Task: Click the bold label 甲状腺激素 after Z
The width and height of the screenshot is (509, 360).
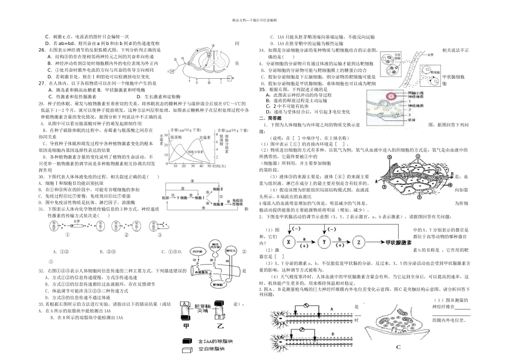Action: (x=402, y=242)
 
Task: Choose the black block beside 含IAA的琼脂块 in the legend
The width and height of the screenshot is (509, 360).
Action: (x=188, y=341)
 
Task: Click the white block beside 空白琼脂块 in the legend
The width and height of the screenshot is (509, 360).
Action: (x=188, y=350)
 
